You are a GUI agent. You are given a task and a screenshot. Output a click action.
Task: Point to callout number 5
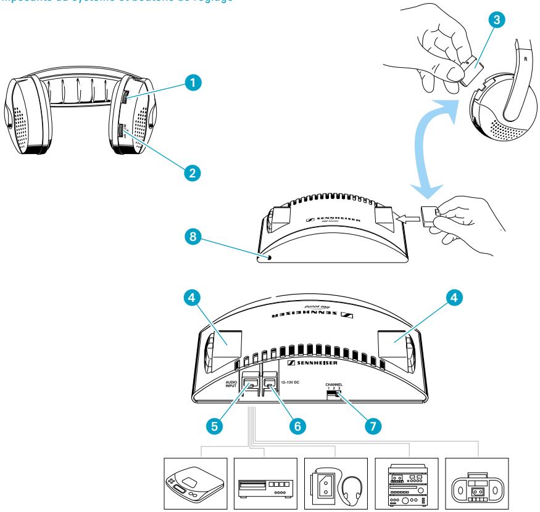point(214,425)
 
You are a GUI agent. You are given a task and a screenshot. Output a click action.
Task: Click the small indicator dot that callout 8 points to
point(268,258)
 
